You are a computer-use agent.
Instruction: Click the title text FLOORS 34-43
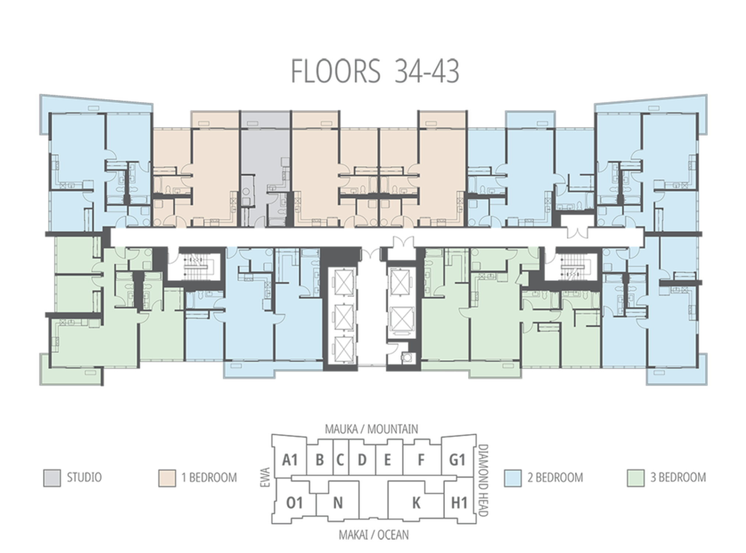pyautogui.click(x=375, y=71)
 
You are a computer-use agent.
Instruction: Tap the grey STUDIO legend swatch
pyautogui.click(x=52, y=478)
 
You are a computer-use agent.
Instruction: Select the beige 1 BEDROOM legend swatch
pyautogui.click(x=167, y=478)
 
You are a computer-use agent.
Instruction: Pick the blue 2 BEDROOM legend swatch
pyautogui.click(x=513, y=478)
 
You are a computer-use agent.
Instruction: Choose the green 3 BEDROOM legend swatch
pyautogui.click(x=636, y=478)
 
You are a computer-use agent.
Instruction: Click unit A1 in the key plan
pyautogui.click(x=290, y=460)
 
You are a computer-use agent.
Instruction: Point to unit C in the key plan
pyautogui.click(x=340, y=460)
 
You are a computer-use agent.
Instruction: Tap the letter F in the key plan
pyautogui.click(x=421, y=460)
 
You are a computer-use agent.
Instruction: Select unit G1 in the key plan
pyautogui.click(x=457, y=460)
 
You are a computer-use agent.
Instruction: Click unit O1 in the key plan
pyautogui.click(x=294, y=503)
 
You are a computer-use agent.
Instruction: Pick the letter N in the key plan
pyautogui.click(x=338, y=503)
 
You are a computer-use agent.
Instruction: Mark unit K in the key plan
pyautogui.click(x=416, y=503)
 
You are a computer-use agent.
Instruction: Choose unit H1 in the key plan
pyautogui.click(x=459, y=503)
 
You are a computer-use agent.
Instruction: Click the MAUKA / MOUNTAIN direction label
pyautogui.click(x=372, y=429)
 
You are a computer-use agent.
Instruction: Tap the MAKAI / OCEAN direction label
pyautogui.click(x=374, y=535)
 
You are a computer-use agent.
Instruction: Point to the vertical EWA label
pyautogui.click(x=265, y=477)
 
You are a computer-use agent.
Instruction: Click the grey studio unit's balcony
pyautogui.click(x=265, y=120)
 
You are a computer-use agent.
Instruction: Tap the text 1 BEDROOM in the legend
pyautogui.click(x=209, y=478)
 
